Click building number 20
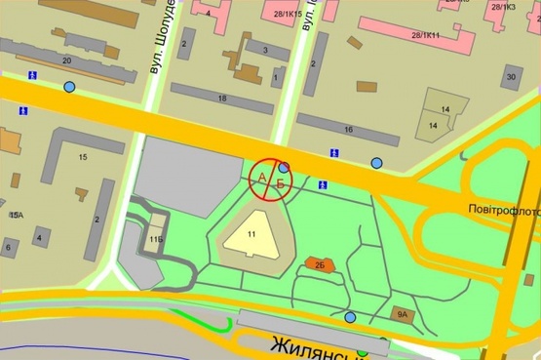pyautogui.click(x=66, y=60)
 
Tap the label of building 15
pyautogui.click(x=83, y=156)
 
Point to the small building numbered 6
pyautogui.click(x=8, y=248)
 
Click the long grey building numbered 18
pyautogui.click(x=222, y=99)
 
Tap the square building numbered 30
pyautogui.click(x=510, y=77)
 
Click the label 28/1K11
pyautogui.click(x=426, y=35)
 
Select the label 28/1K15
pyautogui.click(x=289, y=14)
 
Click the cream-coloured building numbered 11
pyautogui.click(x=251, y=234)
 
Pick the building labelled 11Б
pyautogui.click(x=157, y=238)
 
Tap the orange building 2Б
pyautogui.click(x=319, y=263)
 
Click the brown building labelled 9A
pyautogui.click(x=402, y=314)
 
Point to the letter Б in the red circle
pyautogui.click(x=281, y=182)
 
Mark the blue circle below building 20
pyautogui.click(x=68, y=87)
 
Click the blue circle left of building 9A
pyautogui.click(x=350, y=317)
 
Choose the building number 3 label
pyautogui.click(x=263, y=49)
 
